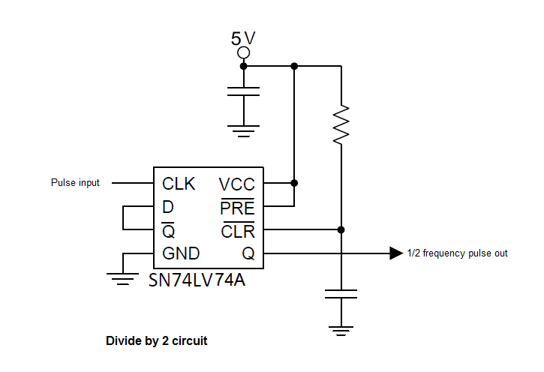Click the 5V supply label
(243, 37)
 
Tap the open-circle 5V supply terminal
(243, 53)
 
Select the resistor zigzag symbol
(341, 124)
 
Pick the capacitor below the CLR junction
(341, 293)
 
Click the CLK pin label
(179, 184)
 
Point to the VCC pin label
(236, 184)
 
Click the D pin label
(167, 207)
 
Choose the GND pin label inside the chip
(180, 253)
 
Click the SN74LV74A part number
(197, 281)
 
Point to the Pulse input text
(75, 183)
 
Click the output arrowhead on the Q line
(396, 253)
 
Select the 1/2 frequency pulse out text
(457, 253)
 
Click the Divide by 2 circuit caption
(157, 341)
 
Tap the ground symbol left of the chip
(121, 277)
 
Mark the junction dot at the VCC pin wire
(294, 182)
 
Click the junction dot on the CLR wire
(341, 229)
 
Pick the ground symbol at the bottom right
(341, 328)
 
